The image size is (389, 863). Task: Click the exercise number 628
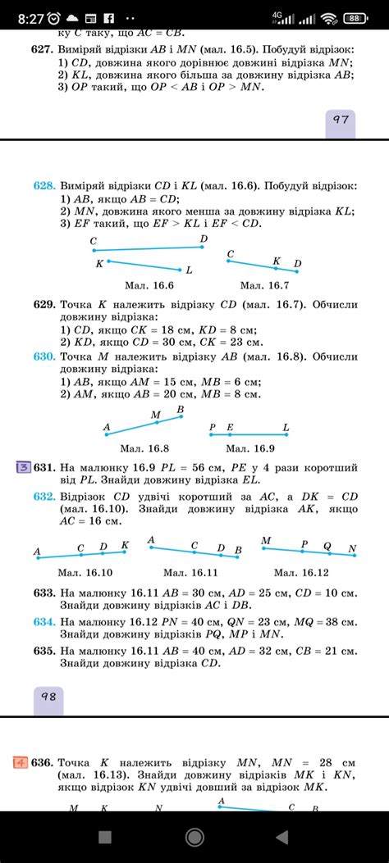pyautogui.click(x=44, y=186)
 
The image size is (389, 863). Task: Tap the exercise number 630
pyautogui.click(x=44, y=357)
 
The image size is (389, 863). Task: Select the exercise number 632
pyautogui.click(x=44, y=497)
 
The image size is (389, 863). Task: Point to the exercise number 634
pyautogui.click(x=44, y=621)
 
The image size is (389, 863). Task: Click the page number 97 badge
pyautogui.click(x=341, y=119)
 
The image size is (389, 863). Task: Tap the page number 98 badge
pyautogui.click(x=48, y=696)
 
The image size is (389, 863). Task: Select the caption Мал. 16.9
pyautogui.click(x=250, y=448)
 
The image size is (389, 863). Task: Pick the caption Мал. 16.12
pyautogui.click(x=301, y=572)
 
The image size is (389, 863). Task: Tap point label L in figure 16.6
pyautogui.click(x=190, y=270)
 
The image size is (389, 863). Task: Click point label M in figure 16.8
pyautogui.click(x=156, y=416)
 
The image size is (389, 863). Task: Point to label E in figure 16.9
pyautogui.click(x=230, y=427)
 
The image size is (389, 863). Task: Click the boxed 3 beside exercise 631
pyautogui.click(x=24, y=468)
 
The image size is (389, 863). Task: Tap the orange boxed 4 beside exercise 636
pyautogui.click(x=19, y=762)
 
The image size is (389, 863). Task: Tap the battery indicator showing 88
pyautogui.click(x=355, y=17)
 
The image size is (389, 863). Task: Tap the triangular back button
pyautogui.click(x=282, y=837)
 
